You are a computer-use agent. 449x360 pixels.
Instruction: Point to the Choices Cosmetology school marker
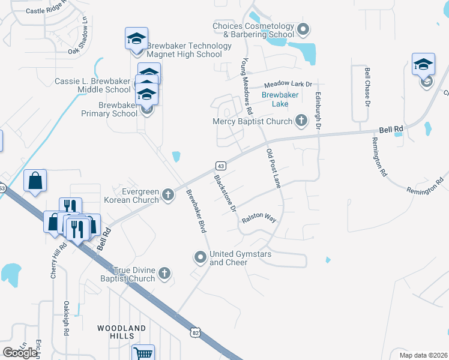click(303, 29)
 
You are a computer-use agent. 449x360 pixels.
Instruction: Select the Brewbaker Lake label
click(276, 99)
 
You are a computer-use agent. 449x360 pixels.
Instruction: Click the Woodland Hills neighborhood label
click(122, 332)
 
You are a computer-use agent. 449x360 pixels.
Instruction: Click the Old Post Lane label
click(273, 169)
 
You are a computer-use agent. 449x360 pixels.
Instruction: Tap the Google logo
click(20, 353)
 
